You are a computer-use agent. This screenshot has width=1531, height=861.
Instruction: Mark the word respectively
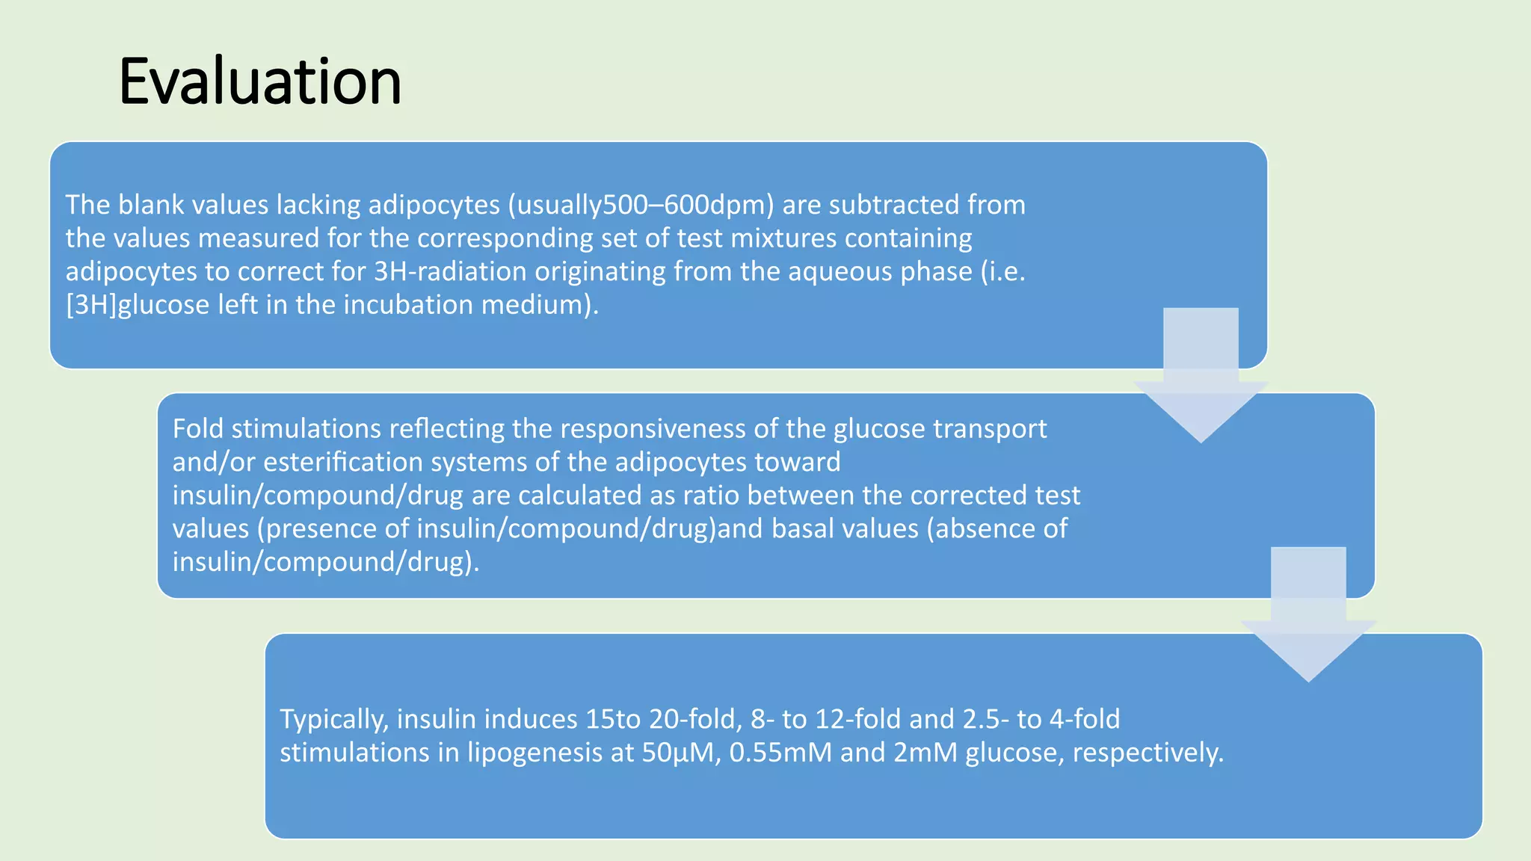(x=1148, y=753)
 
